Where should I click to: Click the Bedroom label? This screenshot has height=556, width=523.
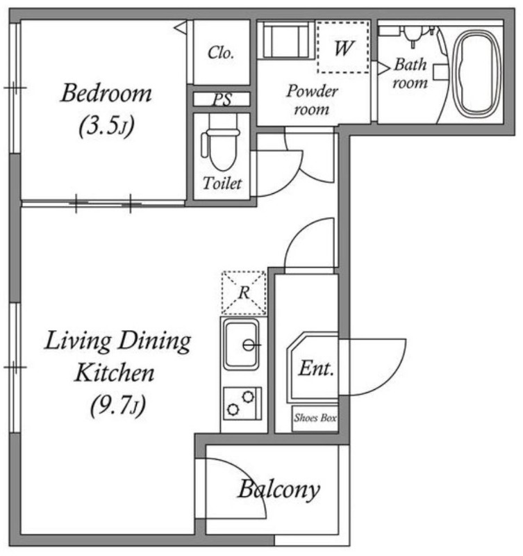point(106,93)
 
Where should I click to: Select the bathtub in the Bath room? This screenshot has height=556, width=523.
point(479,74)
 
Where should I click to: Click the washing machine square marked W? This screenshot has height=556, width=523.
point(343,47)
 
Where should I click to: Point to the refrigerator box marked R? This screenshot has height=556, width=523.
point(244,293)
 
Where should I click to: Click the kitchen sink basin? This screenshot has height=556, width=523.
point(242,344)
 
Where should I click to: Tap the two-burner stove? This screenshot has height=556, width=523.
point(242,404)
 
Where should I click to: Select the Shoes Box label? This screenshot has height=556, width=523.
point(315,418)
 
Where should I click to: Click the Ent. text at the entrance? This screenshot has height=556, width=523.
point(317,368)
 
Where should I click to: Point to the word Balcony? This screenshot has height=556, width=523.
point(279,490)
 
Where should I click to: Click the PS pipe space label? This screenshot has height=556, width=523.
point(222,99)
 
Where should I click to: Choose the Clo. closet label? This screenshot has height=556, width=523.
point(221,53)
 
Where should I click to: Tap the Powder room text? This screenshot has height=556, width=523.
point(312,100)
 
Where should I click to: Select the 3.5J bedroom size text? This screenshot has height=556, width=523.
point(107,126)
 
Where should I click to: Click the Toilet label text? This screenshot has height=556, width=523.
point(222,183)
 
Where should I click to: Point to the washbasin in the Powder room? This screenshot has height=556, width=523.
point(285,40)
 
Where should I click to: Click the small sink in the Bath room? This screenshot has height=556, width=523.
point(412,35)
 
